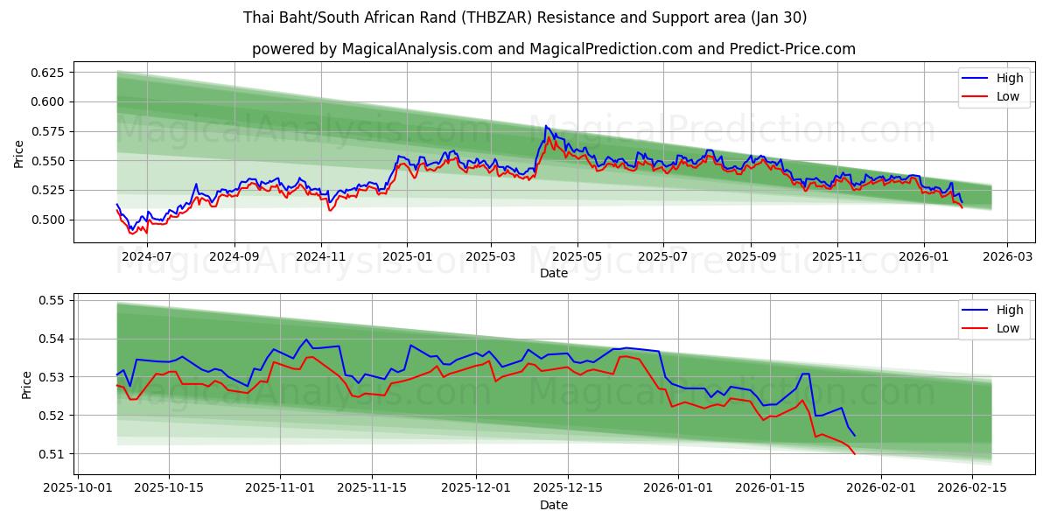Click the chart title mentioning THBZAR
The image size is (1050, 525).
tap(525, 17)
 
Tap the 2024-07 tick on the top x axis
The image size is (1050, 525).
tap(146, 256)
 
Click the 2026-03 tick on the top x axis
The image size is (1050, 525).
tap(1007, 256)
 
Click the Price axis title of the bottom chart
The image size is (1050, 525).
tap(26, 384)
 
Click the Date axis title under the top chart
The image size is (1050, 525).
tap(553, 273)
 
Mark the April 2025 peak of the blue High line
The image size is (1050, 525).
tap(546, 126)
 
